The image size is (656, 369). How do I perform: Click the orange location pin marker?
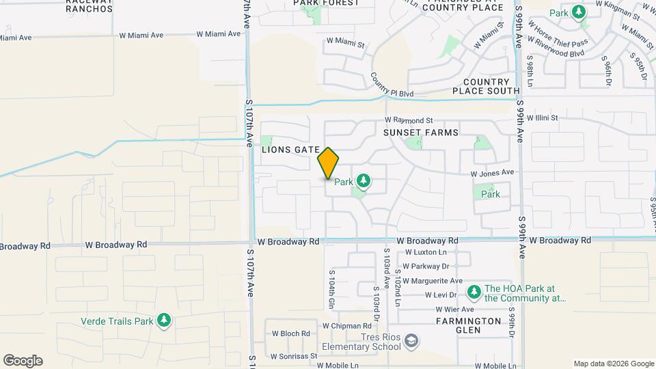[x=328, y=163]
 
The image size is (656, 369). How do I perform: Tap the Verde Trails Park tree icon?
[x=163, y=320]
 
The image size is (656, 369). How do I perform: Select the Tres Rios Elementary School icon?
[x=411, y=340]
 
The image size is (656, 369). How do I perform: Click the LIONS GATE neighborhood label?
[x=291, y=149]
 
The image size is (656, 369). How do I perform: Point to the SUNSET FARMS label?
[x=420, y=132]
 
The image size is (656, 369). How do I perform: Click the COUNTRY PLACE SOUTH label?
[x=486, y=85]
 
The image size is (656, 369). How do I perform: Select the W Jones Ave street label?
[x=491, y=173]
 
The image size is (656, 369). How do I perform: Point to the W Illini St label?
[x=547, y=118]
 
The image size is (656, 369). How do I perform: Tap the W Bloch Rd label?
[x=291, y=334]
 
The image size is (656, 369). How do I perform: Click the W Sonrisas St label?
[x=294, y=356]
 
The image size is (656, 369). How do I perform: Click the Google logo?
[x=23, y=361]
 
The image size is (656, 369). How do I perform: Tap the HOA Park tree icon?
[x=474, y=292]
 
